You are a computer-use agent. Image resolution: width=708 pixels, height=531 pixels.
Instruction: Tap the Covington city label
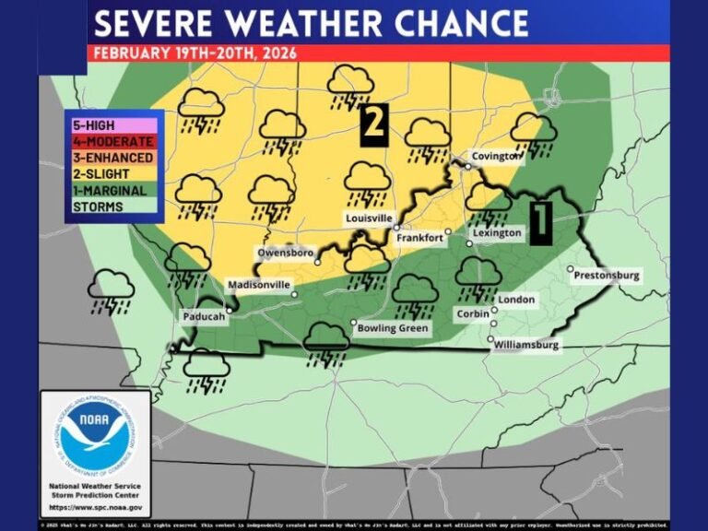[496, 157]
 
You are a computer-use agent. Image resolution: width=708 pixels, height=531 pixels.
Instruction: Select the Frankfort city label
[419, 238]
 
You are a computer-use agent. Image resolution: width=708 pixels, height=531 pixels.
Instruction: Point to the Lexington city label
[497, 233]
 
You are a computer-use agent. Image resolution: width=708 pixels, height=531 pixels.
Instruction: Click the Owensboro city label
[286, 253]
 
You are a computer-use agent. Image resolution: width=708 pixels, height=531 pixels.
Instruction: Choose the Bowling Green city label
[390, 328]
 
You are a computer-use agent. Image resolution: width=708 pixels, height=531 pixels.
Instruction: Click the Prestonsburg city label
[606, 276]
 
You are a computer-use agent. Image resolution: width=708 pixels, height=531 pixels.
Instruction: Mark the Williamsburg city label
[526, 345]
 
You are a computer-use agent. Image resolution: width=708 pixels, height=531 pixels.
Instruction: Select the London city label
[515, 301]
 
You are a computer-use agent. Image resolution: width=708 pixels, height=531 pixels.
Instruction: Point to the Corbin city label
[474, 314]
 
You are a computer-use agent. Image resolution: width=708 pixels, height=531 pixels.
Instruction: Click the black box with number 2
[373, 125]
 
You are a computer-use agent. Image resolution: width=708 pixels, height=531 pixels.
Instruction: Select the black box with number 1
[541, 221]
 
